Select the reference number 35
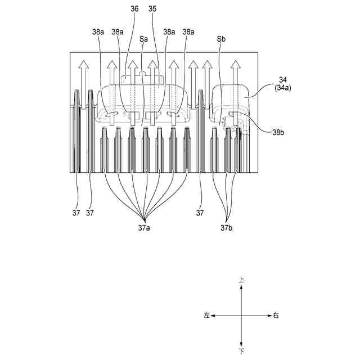tap(152, 10)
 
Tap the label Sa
tap(143, 40)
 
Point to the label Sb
tap(221, 40)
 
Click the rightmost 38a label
tap(188, 32)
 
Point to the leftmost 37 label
tap(76, 213)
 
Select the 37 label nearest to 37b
tap(200, 213)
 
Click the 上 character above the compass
tap(241, 279)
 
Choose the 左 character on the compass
tap(207, 316)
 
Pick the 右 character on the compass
tap(276, 316)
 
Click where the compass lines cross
tap(241, 316)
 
